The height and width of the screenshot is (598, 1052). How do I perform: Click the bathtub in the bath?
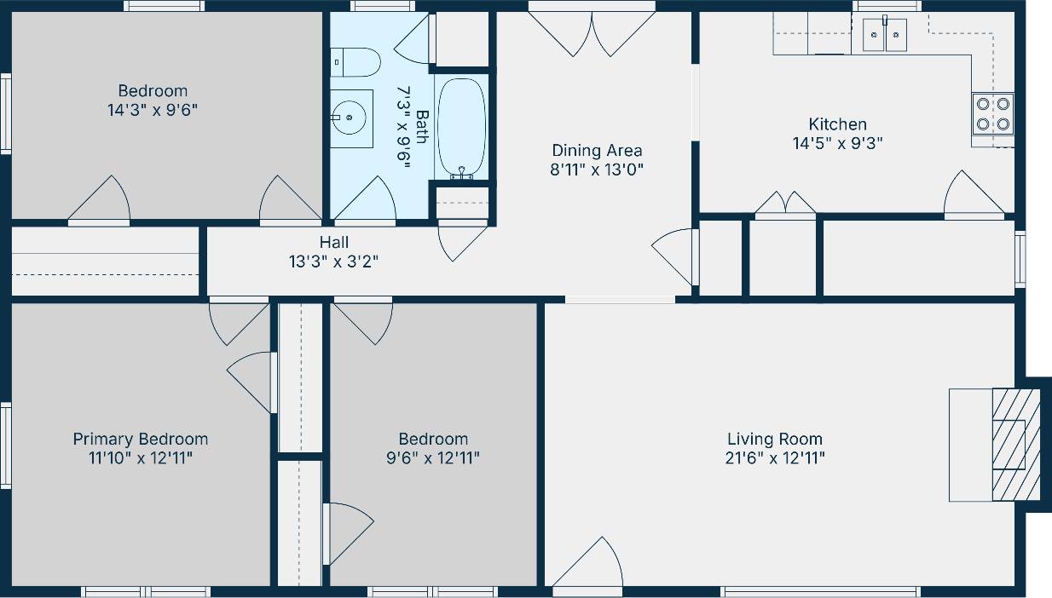[x=461, y=128]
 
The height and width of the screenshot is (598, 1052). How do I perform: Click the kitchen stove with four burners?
[x=992, y=114]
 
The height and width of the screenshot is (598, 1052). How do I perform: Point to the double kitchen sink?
[x=885, y=35]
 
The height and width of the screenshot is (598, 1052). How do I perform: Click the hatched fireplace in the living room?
[x=1015, y=444]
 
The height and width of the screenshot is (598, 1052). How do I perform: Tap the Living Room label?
[x=774, y=439]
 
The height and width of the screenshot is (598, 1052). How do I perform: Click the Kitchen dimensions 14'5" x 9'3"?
[x=837, y=143]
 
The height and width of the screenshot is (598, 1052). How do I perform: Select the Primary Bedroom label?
[x=140, y=439]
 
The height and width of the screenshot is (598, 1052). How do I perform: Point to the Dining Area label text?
[x=597, y=151]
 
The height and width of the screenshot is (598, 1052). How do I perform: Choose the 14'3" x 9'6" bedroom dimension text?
[x=153, y=110]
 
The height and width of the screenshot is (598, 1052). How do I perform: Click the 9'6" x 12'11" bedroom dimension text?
[x=433, y=458]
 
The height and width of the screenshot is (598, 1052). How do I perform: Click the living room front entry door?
[x=587, y=564]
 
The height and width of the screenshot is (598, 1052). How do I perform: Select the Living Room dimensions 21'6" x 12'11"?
[x=774, y=458]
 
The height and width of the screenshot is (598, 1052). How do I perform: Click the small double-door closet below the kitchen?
[x=785, y=207]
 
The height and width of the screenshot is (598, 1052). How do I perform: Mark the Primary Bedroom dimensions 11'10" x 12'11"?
[x=140, y=458]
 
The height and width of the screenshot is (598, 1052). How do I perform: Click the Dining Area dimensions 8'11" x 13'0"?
[x=597, y=170]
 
